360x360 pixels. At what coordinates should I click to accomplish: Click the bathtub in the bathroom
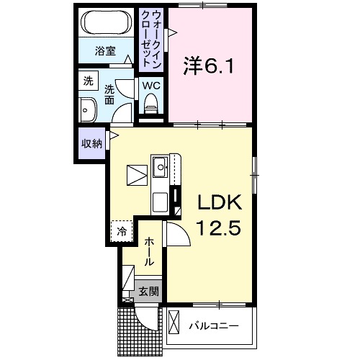pos(106,24)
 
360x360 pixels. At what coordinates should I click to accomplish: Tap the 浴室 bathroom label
pos(106,50)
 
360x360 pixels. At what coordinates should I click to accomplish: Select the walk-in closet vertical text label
pos(153,40)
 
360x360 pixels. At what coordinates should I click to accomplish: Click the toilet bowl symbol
pos(151,106)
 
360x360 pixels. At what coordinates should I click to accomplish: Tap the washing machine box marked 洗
pos(88,81)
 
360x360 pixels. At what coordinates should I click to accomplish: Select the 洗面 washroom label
pos(110,94)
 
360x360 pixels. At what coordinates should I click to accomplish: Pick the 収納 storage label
pos(91,143)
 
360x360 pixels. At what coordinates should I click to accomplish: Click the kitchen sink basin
pos(160,170)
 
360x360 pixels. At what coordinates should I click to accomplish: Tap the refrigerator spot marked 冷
pos(122,231)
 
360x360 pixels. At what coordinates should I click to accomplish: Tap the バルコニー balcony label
pos(213,326)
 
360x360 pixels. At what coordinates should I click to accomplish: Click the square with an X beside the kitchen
pos(136,175)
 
